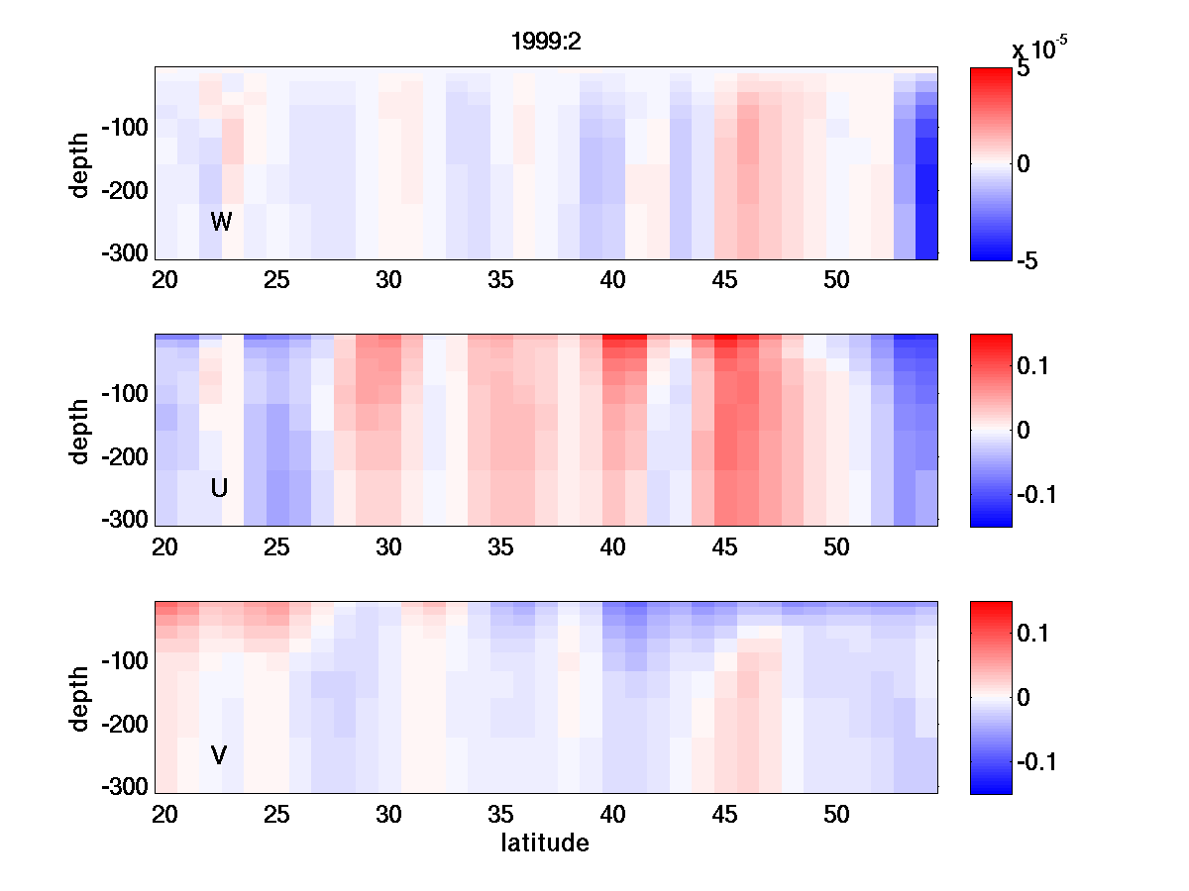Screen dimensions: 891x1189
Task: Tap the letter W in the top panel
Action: click(221, 222)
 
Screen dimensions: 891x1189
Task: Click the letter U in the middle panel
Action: click(220, 488)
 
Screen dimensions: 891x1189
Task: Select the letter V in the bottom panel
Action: click(219, 755)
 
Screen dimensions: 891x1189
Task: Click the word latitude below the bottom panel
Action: click(545, 843)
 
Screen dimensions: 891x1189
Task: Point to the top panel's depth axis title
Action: click(80, 163)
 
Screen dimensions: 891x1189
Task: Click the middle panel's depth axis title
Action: click(80, 431)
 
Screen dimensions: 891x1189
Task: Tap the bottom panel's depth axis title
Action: click(80, 698)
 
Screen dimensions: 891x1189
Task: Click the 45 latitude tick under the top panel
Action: click(725, 280)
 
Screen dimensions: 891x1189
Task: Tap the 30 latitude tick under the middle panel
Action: click(388, 547)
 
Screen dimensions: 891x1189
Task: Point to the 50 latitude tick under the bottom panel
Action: click(837, 815)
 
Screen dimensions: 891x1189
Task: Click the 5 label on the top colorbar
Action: click(1024, 70)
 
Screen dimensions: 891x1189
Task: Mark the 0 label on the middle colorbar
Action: click(1024, 431)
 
